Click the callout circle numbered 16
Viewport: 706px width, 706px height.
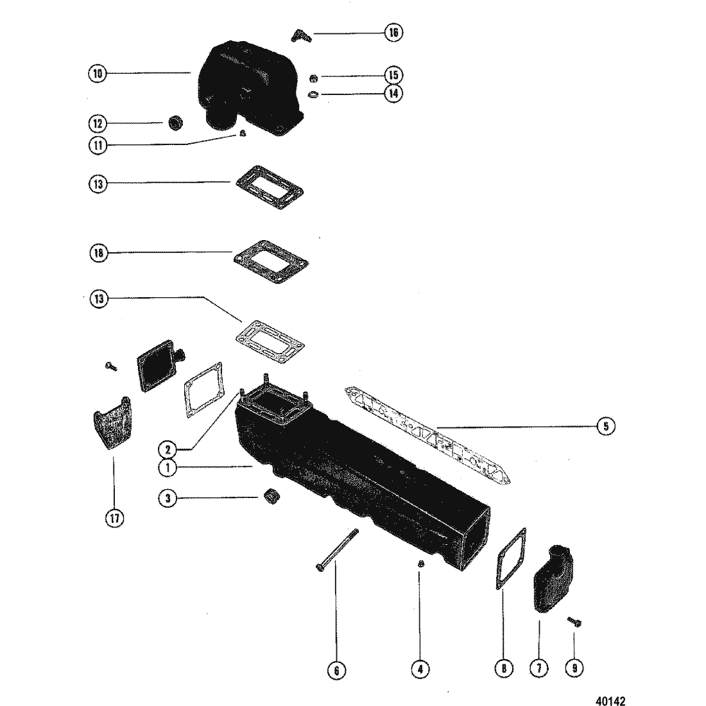pyautogui.click(x=393, y=32)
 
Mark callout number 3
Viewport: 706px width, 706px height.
pyautogui.click(x=168, y=499)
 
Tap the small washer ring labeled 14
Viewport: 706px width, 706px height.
pyautogui.click(x=313, y=94)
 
